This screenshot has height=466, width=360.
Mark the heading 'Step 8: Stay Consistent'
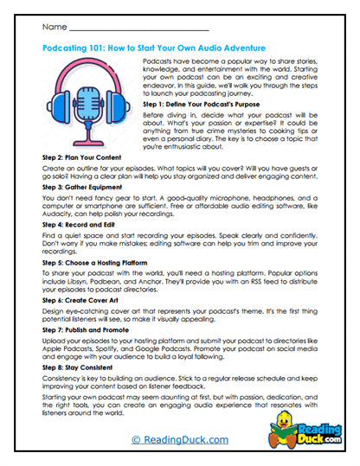(82, 369)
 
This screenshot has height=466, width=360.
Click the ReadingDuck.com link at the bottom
(179, 441)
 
